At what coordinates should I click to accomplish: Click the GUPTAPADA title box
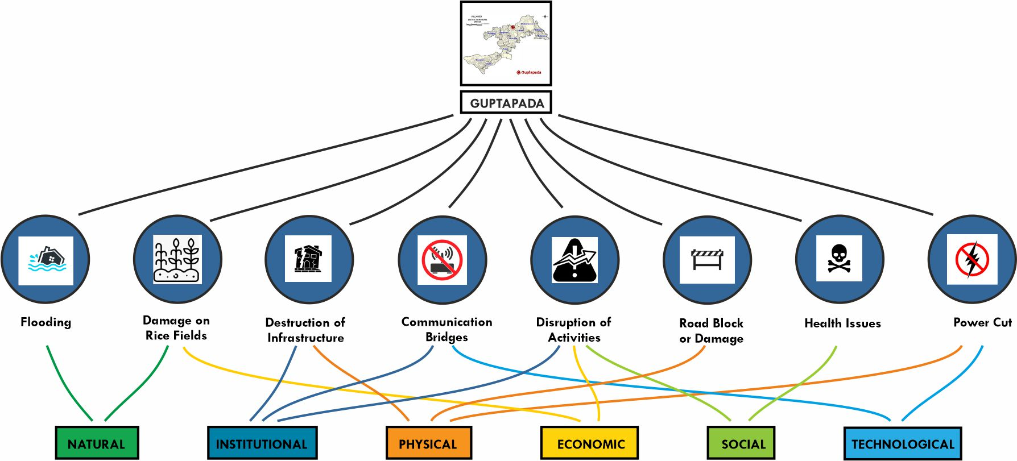point(506,103)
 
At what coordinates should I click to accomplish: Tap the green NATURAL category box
point(97,443)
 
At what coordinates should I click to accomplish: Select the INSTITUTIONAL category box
point(262,443)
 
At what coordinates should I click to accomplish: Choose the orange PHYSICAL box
point(428,443)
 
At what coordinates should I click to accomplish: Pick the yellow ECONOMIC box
point(589,443)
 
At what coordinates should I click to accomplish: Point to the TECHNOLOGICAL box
point(903,443)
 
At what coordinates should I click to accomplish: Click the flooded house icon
point(46,260)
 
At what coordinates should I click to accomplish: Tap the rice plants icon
point(177,260)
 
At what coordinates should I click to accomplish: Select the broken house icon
point(308,259)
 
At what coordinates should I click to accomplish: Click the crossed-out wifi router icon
point(442,260)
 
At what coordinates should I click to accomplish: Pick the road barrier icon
point(707,260)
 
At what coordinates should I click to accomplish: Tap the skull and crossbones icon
point(839,259)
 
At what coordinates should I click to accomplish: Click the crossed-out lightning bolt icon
point(972,259)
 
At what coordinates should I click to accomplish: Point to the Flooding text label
point(46,322)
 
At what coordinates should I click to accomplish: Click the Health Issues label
point(842,323)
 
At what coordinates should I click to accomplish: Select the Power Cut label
point(982,322)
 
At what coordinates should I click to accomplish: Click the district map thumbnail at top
point(506,43)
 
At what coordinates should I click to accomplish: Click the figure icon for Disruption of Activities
point(574,260)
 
